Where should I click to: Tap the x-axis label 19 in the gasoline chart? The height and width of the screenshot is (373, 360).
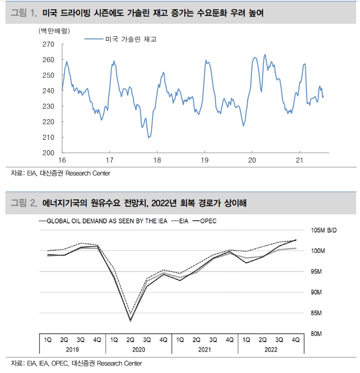(204, 160)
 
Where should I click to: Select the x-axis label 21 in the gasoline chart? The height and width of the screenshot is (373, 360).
(299, 160)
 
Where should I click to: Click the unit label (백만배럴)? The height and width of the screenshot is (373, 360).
(53, 31)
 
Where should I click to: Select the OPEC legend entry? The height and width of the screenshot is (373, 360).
(207, 221)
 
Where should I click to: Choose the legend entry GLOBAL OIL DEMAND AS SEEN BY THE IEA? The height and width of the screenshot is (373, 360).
(107, 221)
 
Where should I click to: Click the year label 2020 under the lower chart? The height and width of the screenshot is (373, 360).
(138, 349)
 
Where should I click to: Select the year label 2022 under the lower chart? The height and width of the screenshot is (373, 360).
(271, 349)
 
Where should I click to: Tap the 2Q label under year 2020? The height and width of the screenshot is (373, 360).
(130, 340)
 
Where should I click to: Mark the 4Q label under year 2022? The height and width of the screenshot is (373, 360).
(295, 340)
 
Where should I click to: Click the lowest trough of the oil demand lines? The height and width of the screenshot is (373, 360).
(130, 321)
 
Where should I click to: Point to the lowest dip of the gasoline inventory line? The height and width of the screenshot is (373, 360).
(149, 137)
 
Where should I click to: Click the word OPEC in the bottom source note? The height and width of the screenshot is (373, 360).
(58, 363)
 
